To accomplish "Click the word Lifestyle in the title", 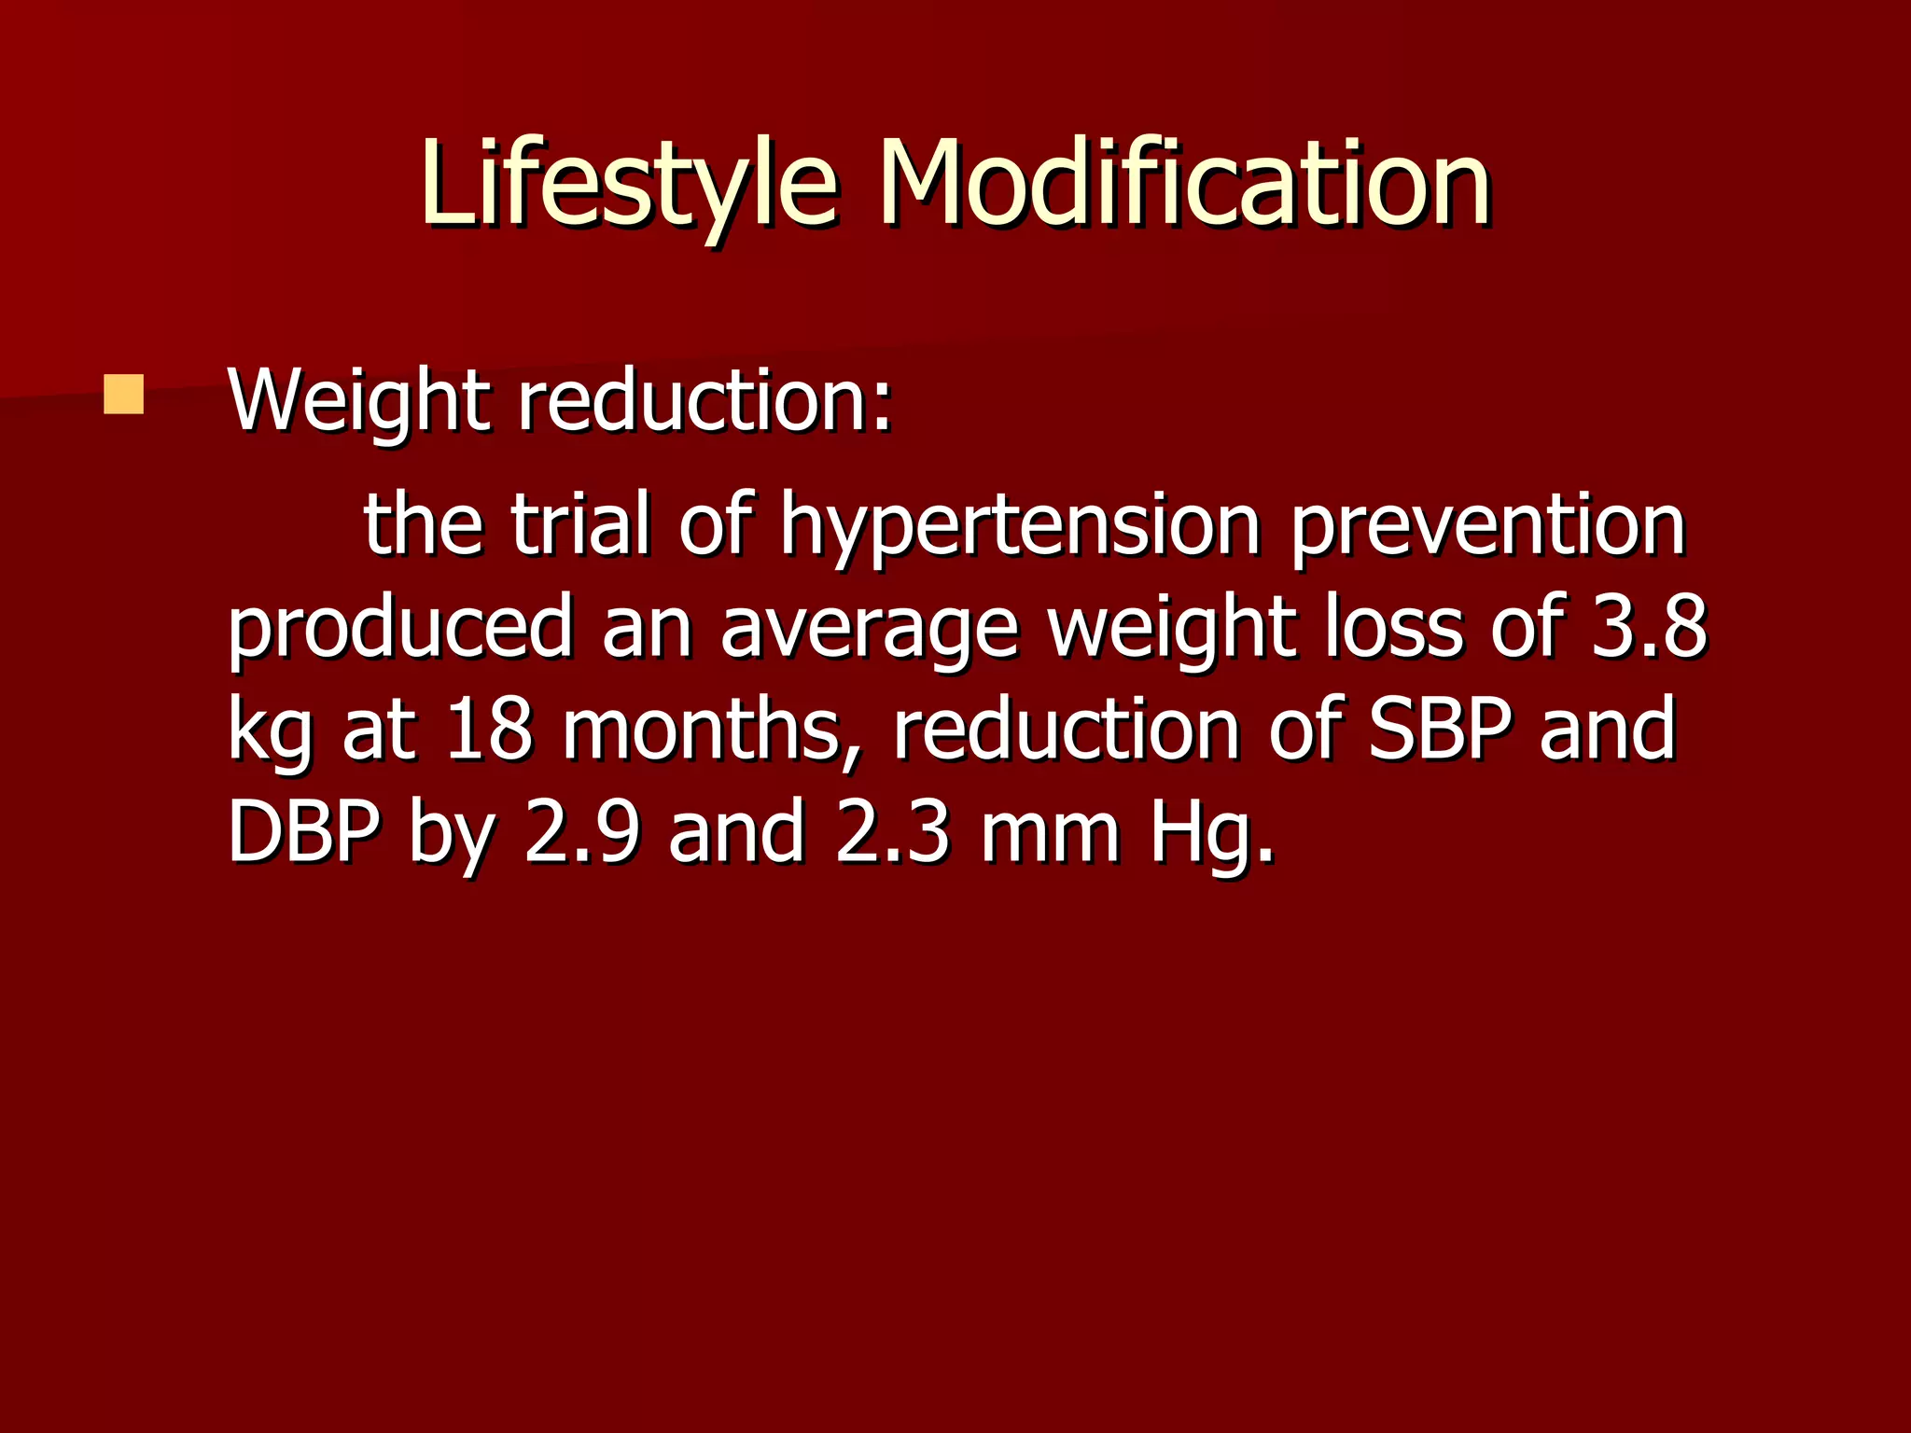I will click(627, 183).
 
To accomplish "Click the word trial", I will click(579, 524).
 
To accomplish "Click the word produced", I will click(399, 629).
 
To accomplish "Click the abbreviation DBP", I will click(303, 832).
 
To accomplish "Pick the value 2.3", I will click(892, 832).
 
